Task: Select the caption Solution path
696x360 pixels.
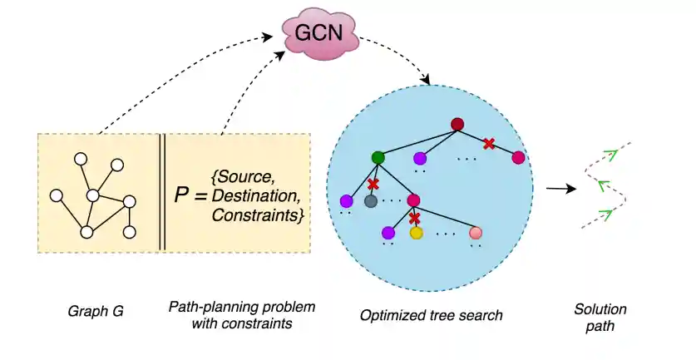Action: (x=600, y=318)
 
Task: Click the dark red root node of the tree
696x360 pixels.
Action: (x=457, y=126)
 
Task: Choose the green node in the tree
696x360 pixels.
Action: (x=378, y=156)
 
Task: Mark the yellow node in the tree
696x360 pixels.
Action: (x=416, y=234)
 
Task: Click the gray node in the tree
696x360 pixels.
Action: (x=371, y=201)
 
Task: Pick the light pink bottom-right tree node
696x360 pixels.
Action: (x=476, y=233)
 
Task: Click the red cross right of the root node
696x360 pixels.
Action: (x=489, y=143)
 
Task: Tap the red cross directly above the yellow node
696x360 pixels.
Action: (x=415, y=218)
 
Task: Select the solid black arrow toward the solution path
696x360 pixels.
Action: (x=561, y=189)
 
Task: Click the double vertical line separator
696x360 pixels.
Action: (x=162, y=192)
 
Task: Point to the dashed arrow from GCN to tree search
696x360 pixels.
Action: (x=399, y=54)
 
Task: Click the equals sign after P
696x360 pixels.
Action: (x=200, y=197)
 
